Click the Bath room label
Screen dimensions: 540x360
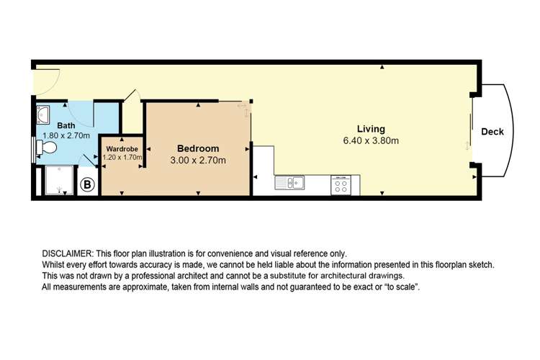pos(66,125)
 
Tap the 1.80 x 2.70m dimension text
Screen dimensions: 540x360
pos(66,136)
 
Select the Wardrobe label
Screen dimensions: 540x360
pos(122,149)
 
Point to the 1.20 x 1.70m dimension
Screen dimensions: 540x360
pos(122,158)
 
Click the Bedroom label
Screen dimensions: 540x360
pos(198,148)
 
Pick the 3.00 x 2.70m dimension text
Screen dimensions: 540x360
pos(198,160)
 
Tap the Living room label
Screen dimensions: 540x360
pos(371,129)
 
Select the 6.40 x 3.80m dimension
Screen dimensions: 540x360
pos(371,140)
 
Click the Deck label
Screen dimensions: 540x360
pos(492,132)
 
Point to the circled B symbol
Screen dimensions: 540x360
pos(87,184)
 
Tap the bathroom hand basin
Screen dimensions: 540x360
pos(43,114)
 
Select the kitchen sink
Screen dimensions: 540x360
pos(289,183)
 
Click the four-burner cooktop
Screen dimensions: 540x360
pos(341,185)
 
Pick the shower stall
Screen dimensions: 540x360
pos(59,181)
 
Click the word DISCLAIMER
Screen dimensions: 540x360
pos(68,254)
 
